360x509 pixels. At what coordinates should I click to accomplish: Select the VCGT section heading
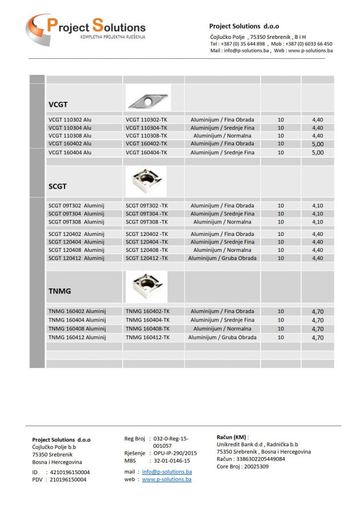[58, 105]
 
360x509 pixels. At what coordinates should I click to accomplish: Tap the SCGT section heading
[58, 186]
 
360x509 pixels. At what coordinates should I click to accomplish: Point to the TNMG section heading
[60, 291]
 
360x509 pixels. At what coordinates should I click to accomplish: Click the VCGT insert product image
[147, 98]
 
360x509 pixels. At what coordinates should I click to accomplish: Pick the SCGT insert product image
[146, 181]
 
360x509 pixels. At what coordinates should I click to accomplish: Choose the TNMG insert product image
[146, 286]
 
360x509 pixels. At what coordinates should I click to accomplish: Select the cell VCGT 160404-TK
[146, 153]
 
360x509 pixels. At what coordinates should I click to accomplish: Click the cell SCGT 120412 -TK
[147, 258]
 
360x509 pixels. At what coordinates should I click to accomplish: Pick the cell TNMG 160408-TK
[147, 329]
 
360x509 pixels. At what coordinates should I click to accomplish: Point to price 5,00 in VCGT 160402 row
[318, 144]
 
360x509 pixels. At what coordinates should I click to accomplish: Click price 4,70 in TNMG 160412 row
[318, 338]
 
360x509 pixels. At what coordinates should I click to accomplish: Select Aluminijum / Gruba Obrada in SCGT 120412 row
[222, 258]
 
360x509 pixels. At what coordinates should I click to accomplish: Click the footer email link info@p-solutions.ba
[167, 472]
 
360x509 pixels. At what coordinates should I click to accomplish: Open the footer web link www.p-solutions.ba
[167, 480]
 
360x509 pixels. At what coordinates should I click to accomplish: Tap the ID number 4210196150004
[69, 472]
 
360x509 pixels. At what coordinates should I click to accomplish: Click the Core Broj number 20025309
[255, 466]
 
